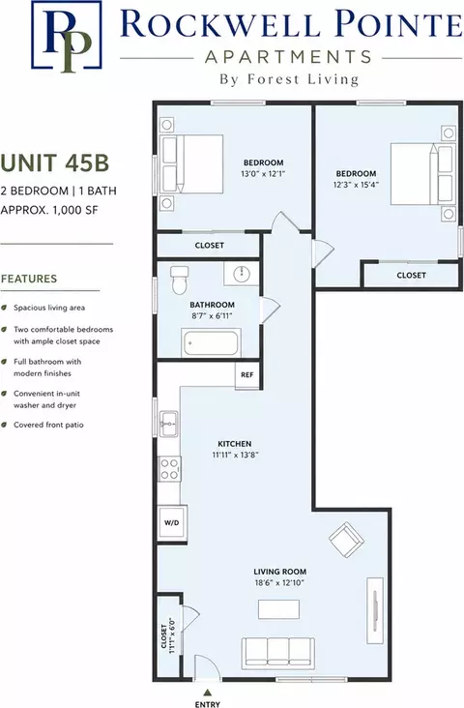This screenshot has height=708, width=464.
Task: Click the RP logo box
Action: [66, 35]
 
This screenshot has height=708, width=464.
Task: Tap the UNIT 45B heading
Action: [54, 163]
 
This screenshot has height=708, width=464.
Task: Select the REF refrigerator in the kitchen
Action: [246, 375]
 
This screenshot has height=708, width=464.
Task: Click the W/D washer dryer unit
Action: [171, 523]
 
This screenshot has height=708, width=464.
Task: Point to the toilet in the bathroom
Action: [179, 280]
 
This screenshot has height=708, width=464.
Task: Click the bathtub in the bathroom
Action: [211, 343]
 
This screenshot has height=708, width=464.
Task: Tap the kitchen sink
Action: [169, 424]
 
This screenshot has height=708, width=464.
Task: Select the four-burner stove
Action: [169, 469]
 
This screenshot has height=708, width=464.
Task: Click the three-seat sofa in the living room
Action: [278, 653]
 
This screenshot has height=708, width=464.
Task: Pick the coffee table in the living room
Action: [279, 609]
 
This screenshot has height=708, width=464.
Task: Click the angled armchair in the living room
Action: [347, 540]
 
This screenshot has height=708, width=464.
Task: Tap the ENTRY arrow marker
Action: [208, 692]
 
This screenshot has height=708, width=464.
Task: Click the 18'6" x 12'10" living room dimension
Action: [279, 583]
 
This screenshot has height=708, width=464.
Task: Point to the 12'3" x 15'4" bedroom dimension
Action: [356, 185]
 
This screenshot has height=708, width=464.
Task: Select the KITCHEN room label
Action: [235, 444]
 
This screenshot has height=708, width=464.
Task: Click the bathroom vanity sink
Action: [243, 273]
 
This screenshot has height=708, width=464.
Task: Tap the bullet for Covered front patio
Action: [4, 425]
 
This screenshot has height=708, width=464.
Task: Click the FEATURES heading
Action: [29, 279]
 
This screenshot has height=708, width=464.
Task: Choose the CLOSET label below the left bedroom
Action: [210, 245]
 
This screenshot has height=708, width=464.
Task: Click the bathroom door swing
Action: [271, 309]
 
